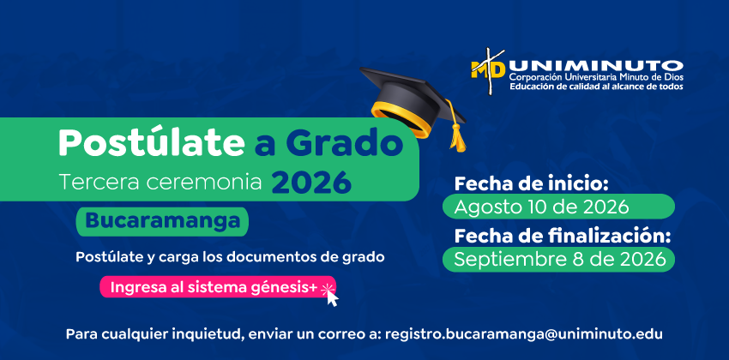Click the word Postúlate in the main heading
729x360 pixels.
(151, 142)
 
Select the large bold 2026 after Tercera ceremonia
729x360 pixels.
(311, 183)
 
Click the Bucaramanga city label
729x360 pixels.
(162, 221)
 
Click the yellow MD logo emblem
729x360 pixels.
(487, 70)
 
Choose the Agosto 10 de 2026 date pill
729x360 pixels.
(558, 207)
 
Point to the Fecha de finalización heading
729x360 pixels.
(563, 237)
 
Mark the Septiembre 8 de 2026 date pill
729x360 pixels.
(558, 260)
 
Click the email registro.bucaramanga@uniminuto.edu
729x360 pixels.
(524, 334)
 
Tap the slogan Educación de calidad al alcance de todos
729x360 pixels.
(597, 87)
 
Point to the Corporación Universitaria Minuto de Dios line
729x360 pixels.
(596, 78)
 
